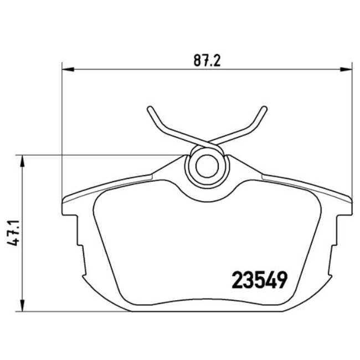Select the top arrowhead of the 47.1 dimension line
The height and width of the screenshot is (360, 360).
[x=22, y=161]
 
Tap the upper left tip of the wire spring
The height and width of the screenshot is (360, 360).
[x=150, y=109]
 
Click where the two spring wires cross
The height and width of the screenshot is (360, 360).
[x=207, y=142]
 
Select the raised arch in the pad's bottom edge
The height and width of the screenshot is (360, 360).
[x=207, y=303]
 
